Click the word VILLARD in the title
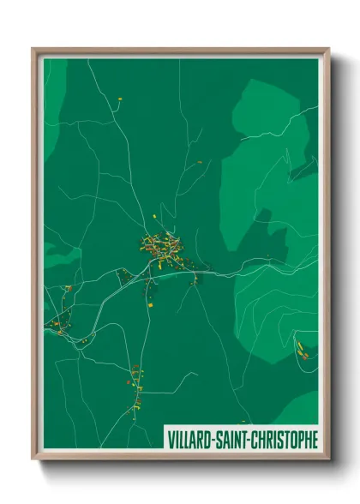(189, 440)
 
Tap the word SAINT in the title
(229, 440)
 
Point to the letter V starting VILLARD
(170, 440)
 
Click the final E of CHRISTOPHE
(314, 440)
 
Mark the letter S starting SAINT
(217, 440)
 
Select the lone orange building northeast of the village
(200, 162)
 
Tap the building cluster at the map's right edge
(303, 347)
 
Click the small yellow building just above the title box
(243, 422)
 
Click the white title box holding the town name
(241, 440)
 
